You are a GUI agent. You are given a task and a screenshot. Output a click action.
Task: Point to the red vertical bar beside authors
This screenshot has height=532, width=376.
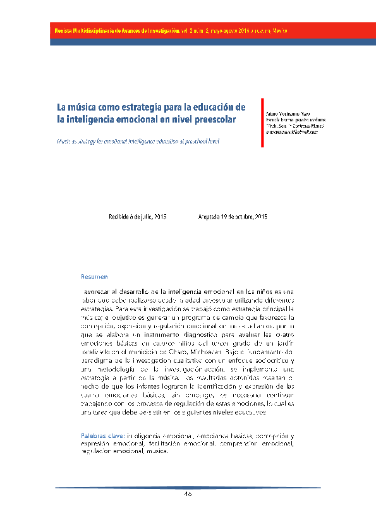[262, 122]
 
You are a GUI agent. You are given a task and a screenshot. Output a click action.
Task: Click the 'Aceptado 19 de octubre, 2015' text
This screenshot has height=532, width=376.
[232, 217]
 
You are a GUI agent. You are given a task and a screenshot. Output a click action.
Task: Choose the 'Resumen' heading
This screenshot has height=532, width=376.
[94, 277]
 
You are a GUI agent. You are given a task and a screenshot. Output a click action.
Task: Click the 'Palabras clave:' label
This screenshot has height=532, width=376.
[103, 436]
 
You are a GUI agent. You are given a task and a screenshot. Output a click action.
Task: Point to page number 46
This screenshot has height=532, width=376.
[188, 494]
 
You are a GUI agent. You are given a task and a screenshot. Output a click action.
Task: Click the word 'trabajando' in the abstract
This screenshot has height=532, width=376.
[98, 402]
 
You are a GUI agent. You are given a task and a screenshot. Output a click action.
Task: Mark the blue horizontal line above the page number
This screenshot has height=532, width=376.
[188, 487]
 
